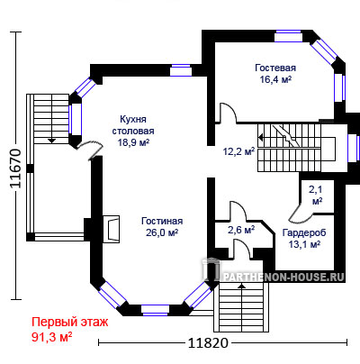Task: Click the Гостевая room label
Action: point(275,68)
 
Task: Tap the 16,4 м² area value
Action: point(276,79)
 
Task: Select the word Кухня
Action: point(133,119)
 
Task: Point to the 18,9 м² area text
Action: point(133,142)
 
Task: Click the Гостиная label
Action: point(162,221)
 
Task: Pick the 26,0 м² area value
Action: point(162,232)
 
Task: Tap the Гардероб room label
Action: point(304,232)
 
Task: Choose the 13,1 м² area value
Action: point(304,244)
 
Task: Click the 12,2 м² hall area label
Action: point(238,151)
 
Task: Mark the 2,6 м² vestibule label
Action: point(241,231)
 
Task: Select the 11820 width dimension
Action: point(208,342)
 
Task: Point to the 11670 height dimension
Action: point(16,168)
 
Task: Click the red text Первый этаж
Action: point(70,323)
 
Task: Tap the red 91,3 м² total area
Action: point(51,337)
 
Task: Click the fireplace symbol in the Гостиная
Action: point(112,229)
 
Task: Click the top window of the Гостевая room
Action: point(288,36)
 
